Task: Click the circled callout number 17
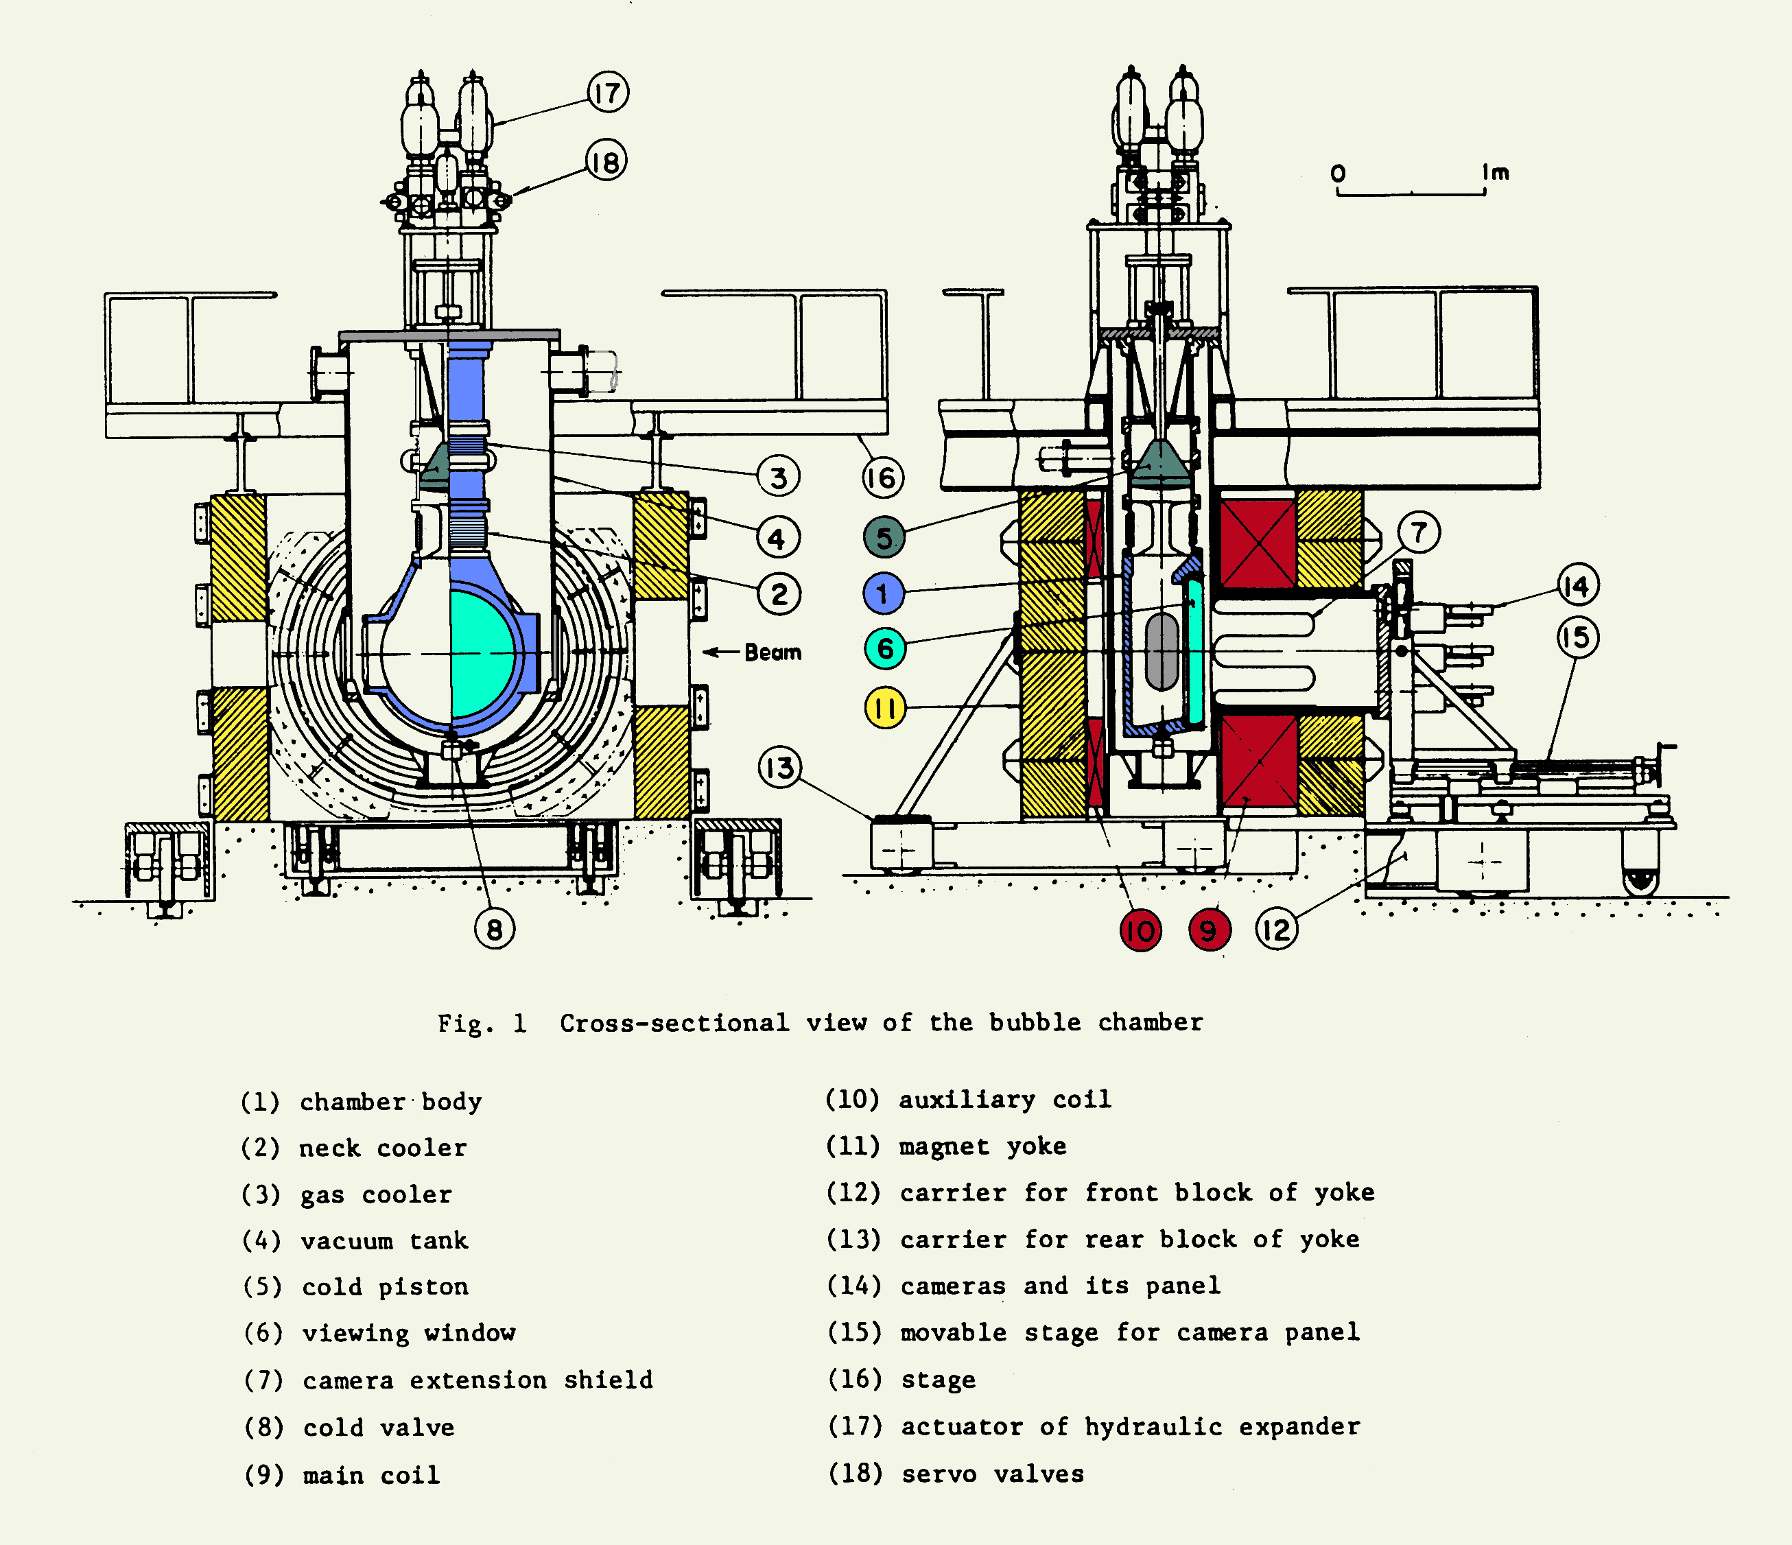point(607,93)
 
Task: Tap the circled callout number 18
point(605,162)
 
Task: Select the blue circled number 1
point(884,593)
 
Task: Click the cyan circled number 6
point(885,648)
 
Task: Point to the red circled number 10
point(1140,931)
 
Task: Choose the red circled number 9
point(1209,931)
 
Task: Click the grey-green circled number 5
point(884,537)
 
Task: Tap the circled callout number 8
point(494,930)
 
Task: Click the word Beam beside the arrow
point(773,652)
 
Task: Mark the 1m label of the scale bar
point(1496,173)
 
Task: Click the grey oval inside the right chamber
point(1162,652)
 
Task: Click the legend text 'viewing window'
point(408,1333)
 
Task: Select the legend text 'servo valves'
point(992,1474)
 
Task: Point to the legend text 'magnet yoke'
point(982,1147)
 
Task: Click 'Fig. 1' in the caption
point(482,1024)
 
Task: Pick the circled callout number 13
point(780,767)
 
